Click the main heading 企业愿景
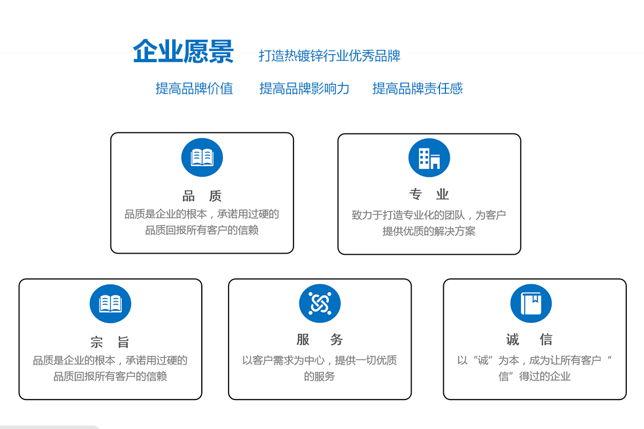[x=183, y=51]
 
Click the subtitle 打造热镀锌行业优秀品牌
[x=330, y=56]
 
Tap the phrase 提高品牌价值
[x=194, y=88]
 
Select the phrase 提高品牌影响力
[x=304, y=88]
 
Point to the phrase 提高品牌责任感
[x=418, y=88]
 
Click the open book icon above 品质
[x=202, y=158]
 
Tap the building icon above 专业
[x=429, y=158]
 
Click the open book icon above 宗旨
[x=111, y=304]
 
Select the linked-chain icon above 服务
[x=320, y=304]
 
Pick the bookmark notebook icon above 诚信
[x=531, y=304]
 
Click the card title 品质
[x=202, y=196]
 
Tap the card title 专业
[x=429, y=194]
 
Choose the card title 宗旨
[x=110, y=342]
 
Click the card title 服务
[x=319, y=339]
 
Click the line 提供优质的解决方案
[x=429, y=231]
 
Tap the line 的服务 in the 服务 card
[x=319, y=376]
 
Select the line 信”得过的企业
[x=535, y=376]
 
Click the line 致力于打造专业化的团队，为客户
[x=429, y=215]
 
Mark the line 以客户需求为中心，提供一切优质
[x=319, y=360]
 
